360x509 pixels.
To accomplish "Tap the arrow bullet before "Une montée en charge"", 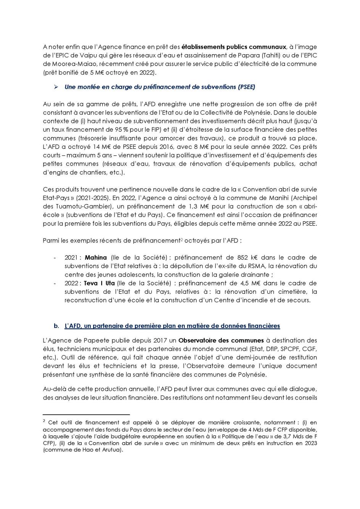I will pyautogui.click(x=56, y=87).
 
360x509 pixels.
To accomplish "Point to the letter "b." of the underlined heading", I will pyautogui.click(x=57, y=326).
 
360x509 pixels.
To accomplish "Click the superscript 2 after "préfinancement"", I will pyautogui.click(x=181, y=239).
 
